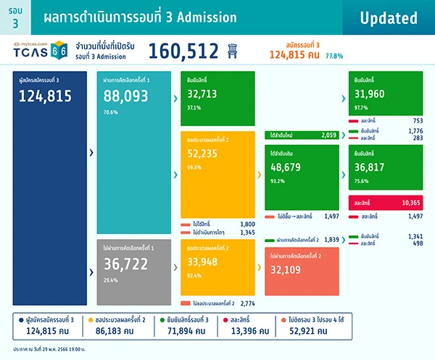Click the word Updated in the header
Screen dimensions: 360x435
click(x=389, y=17)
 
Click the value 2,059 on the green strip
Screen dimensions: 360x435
click(x=320, y=135)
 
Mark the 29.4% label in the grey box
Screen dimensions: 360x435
click(x=111, y=280)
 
